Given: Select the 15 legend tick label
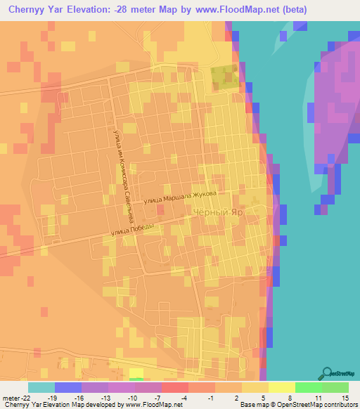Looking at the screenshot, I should click(x=346, y=397).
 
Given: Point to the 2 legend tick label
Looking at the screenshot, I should click(x=242, y=397).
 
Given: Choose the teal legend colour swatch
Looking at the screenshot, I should click(x=41, y=387).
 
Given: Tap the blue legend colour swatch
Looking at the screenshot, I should click(x=68, y=387).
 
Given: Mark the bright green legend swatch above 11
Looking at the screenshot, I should click(x=309, y=387).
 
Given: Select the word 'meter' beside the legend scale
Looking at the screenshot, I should click(x=11, y=397).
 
